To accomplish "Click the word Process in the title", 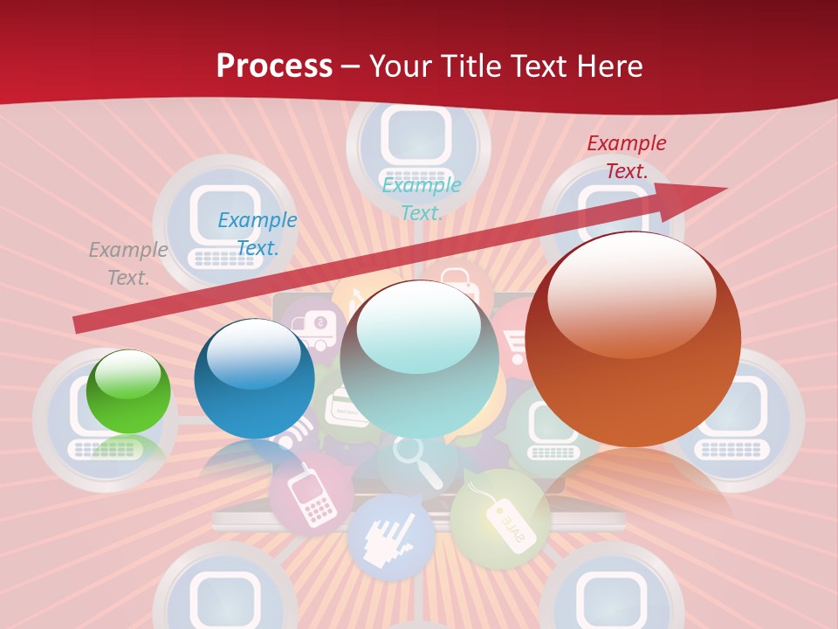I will [274, 66].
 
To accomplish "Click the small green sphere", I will [129, 391].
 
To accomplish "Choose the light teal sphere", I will [419, 359].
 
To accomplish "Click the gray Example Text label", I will [128, 264].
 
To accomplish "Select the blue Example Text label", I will [258, 234].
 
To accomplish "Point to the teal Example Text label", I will [422, 199].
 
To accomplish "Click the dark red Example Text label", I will [627, 157].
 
